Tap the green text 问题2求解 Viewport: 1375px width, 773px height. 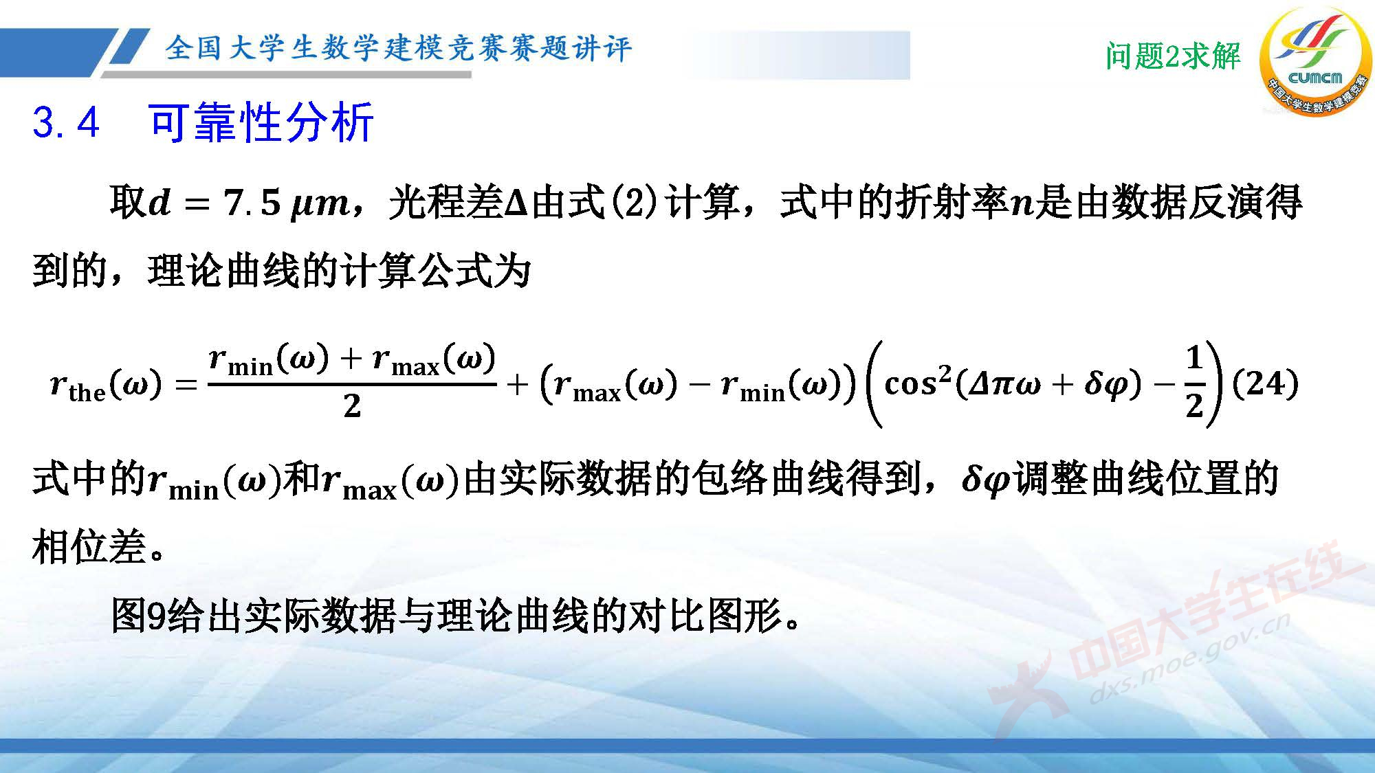(x=1173, y=56)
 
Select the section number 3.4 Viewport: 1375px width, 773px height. (x=66, y=123)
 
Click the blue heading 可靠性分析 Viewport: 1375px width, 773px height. (x=261, y=123)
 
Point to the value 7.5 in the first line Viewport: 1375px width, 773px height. (x=252, y=203)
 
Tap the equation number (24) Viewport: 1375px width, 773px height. (x=1265, y=383)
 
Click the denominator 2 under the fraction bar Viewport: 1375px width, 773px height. (x=352, y=406)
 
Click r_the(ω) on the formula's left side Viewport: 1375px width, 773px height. (x=106, y=385)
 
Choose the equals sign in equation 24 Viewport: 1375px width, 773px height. (x=186, y=385)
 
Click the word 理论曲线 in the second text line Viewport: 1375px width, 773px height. (x=224, y=270)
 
